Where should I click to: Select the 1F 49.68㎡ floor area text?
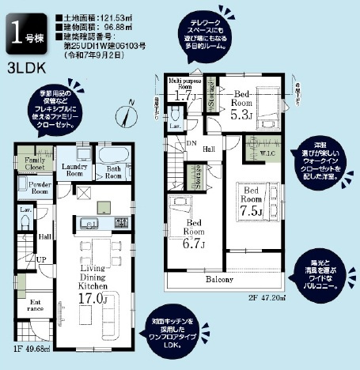click(x=32, y=346)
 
